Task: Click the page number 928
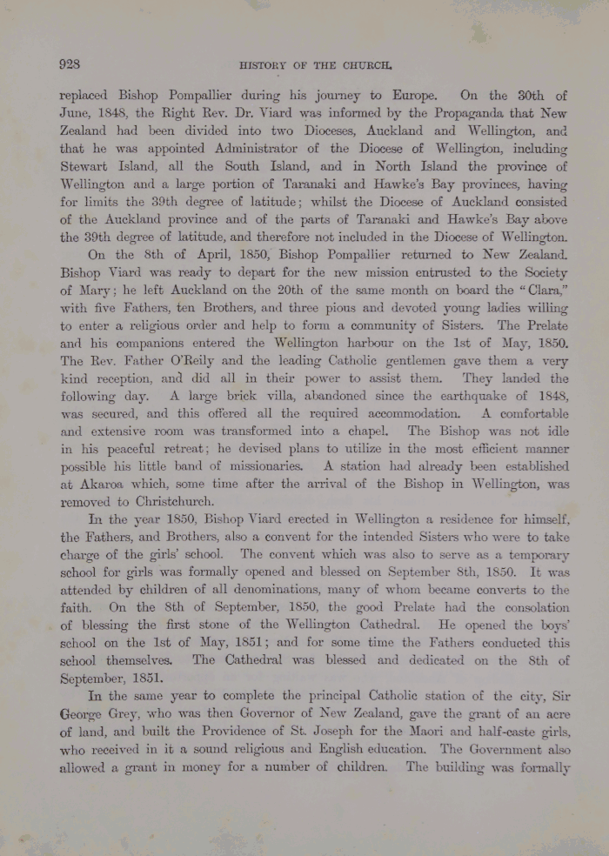[x=70, y=64]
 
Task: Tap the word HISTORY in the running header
[x=264, y=64]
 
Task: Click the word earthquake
[x=452, y=396]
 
